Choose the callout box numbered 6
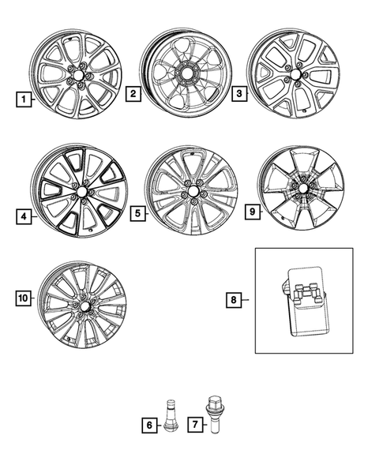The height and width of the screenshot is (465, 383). tap(148, 425)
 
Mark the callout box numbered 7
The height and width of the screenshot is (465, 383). tap(194, 425)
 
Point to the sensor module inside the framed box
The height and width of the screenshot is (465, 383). tap(306, 300)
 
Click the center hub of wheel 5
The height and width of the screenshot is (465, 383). tap(192, 193)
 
